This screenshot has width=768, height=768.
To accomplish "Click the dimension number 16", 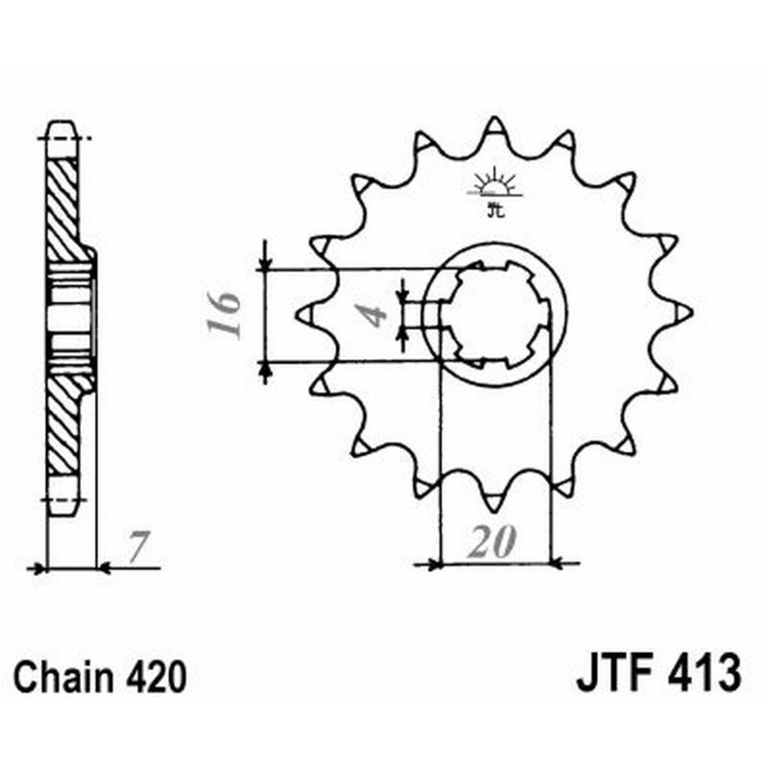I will [x=226, y=315].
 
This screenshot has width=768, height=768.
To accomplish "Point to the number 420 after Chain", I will [x=154, y=678].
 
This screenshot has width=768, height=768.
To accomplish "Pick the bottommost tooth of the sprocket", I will [x=495, y=501].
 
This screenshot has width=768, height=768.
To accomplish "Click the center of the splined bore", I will [x=495, y=315].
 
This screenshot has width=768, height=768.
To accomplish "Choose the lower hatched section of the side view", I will [x=64, y=422].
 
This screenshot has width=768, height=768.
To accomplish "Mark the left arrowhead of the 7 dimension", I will [x=40, y=568].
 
